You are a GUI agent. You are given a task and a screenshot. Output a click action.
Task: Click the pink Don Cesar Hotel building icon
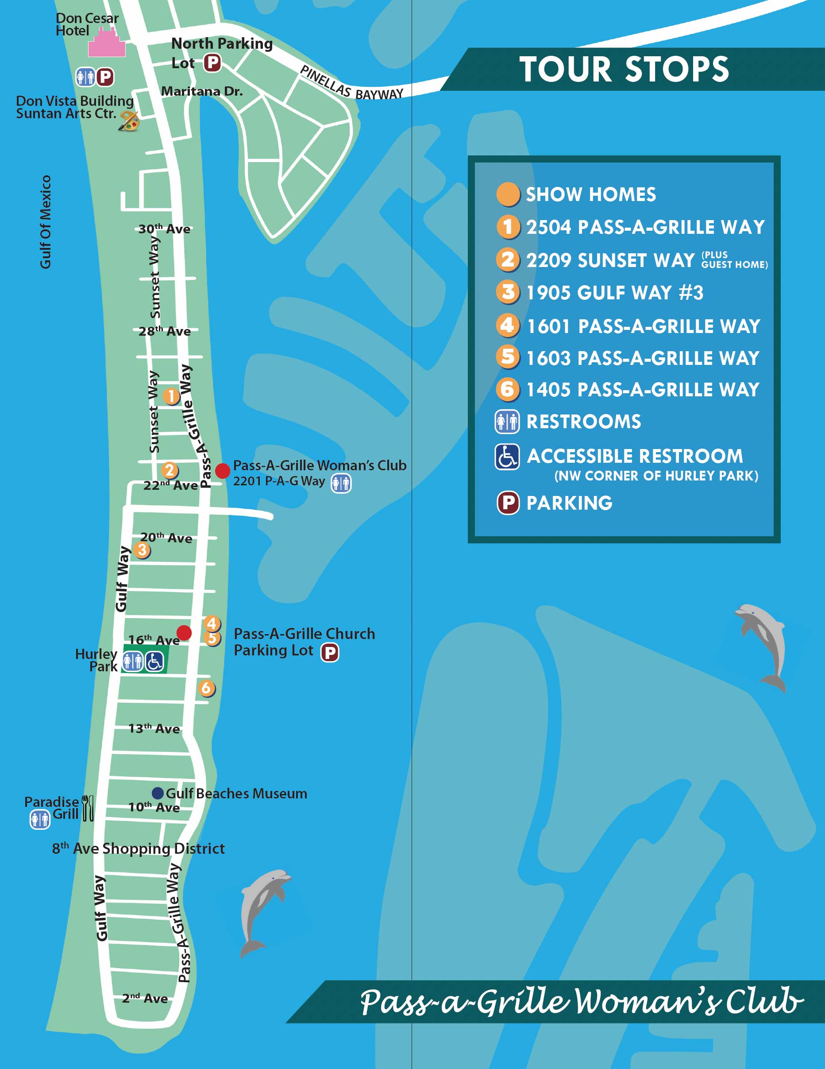[107, 44]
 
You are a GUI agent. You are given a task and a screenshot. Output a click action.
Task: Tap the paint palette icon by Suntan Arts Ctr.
[129, 120]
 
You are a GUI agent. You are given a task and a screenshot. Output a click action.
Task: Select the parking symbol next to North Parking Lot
[212, 62]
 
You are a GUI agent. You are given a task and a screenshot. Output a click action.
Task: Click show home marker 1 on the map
[171, 395]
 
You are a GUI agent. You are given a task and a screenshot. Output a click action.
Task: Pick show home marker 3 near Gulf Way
[142, 550]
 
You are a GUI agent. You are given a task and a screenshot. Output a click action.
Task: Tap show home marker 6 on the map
[206, 688]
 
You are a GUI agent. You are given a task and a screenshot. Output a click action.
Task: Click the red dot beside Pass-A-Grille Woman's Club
[223, 470]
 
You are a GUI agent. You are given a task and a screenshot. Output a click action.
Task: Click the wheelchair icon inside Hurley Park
[154, 662]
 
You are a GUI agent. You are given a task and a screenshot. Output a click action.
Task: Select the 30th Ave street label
[164, 229]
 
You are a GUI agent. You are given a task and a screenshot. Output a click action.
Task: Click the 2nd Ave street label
[145, 998]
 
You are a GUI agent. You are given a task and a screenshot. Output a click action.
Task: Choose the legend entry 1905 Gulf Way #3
[615, 293]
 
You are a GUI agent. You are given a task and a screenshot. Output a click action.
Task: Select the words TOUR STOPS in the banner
[624, 69]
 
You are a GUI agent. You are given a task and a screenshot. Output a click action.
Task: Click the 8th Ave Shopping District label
[139, 848]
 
